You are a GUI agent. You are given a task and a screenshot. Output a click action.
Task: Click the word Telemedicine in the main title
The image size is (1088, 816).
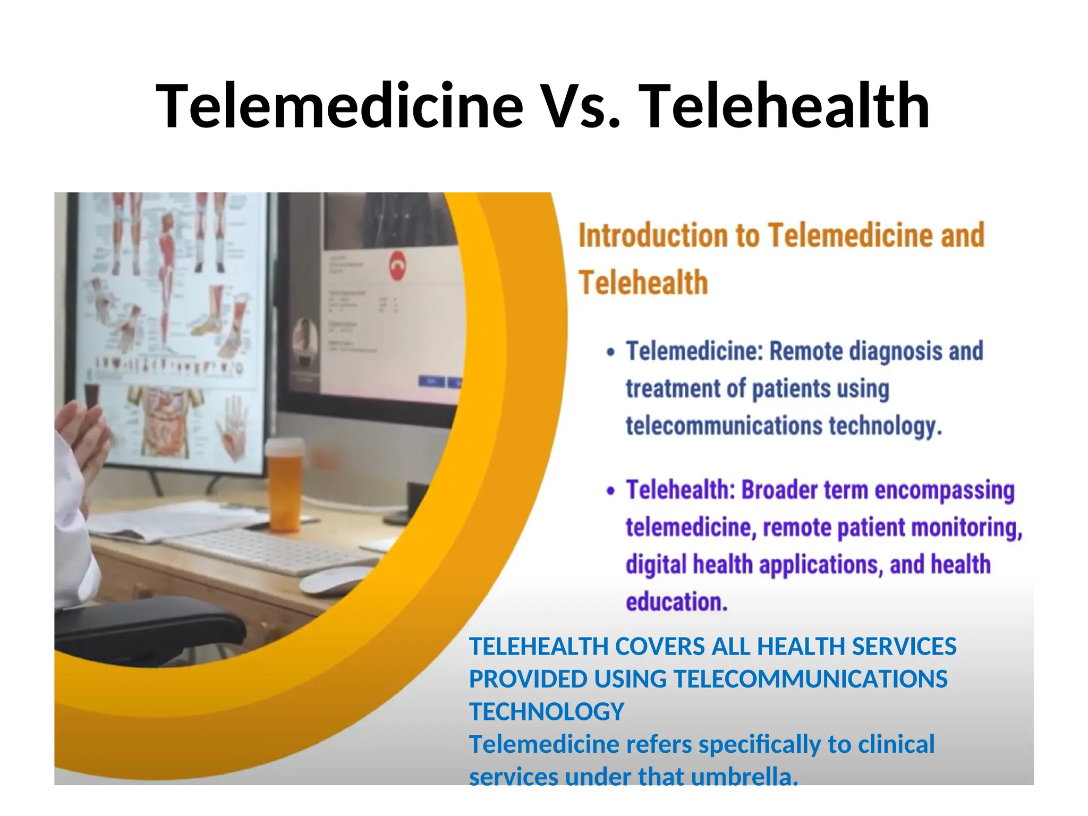click(340, 106)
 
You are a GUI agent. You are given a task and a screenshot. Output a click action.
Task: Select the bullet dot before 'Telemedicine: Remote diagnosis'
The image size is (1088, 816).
click(611, 353)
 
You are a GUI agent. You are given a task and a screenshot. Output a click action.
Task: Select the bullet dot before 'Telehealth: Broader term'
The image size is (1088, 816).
click(611, 491)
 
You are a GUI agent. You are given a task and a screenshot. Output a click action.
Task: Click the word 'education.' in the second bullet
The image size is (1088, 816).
click(676, 602)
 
